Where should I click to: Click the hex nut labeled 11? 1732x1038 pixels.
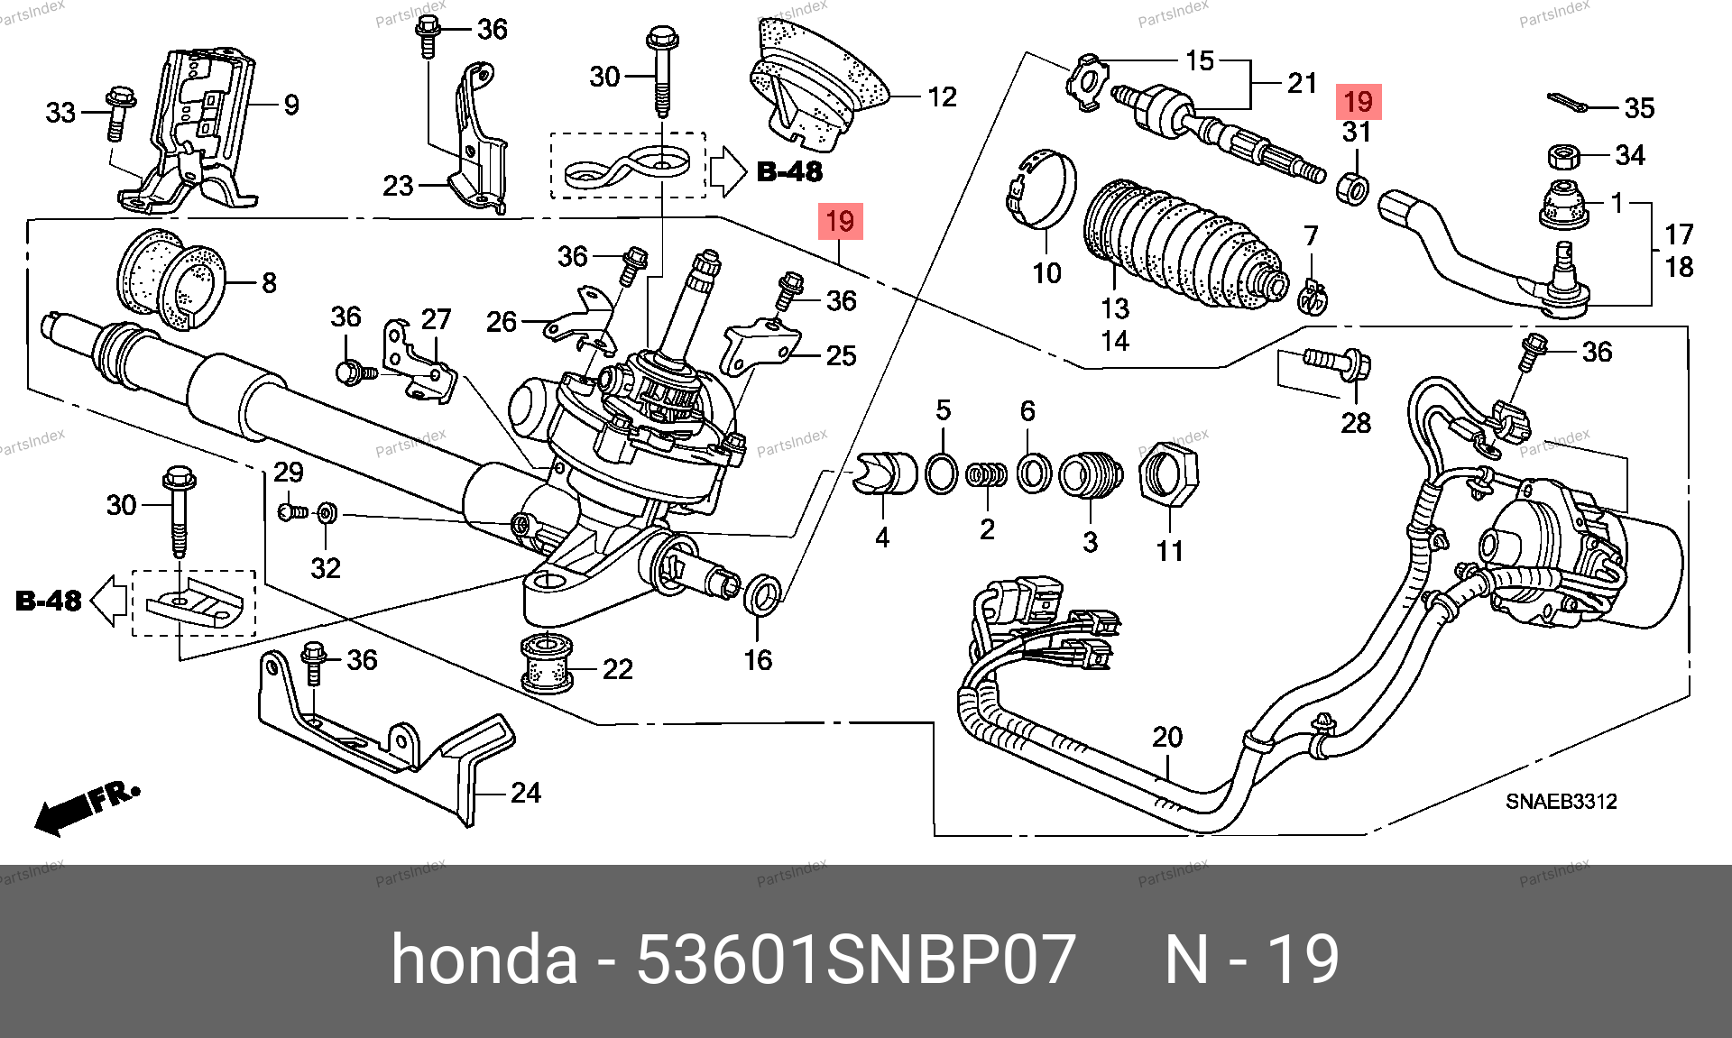coord(1169,475)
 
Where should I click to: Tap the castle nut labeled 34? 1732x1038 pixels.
coord(1563,158)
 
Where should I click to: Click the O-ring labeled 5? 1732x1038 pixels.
coord(942,473)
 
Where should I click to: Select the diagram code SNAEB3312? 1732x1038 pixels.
coord(1561,801)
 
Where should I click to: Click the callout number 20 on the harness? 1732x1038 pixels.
coord(1167,738)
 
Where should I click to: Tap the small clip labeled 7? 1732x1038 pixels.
coord(1312,294)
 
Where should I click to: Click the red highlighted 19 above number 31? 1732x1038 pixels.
coord(1358,101)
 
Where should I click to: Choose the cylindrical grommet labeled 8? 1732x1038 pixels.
coord(171,280)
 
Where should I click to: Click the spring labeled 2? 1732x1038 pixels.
coord(986,474)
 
